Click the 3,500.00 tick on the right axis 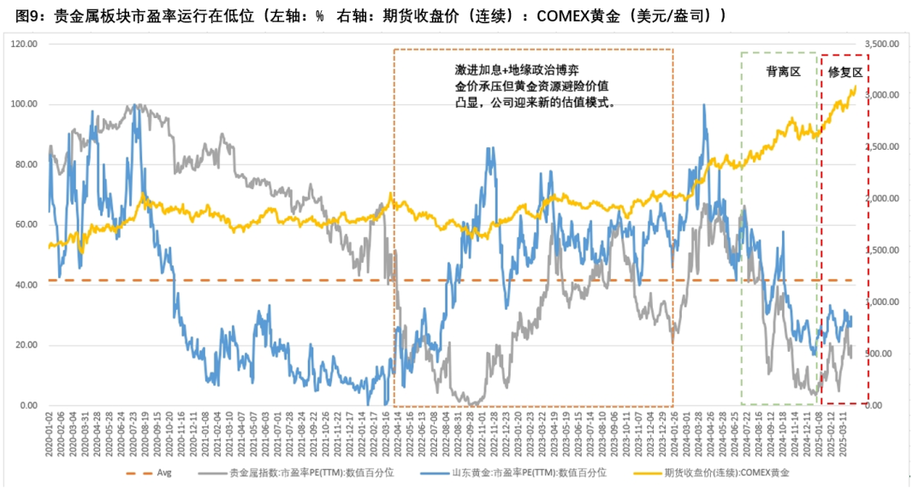(892, 44)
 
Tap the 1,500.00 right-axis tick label (892, 251)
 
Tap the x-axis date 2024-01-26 (673, 434)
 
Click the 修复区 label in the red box (846, 74)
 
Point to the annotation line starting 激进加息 (523, 69)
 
